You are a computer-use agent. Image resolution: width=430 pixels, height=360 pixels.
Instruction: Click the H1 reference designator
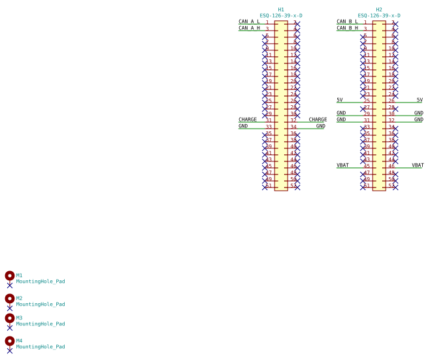click(x=281, y=10)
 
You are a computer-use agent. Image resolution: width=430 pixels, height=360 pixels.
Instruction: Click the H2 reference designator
click(x=379, y=10)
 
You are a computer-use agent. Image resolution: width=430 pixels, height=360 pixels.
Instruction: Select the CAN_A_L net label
click(x=249, y=22)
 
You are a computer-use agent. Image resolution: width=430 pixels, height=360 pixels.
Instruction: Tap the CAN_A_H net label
click(x=249, y=28)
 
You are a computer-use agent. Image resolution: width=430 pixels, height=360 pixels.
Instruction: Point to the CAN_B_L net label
click(x=347, y=22)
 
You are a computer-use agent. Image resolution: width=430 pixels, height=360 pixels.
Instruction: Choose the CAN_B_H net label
click(x=347, y=28)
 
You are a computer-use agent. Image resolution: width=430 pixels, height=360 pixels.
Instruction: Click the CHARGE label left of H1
click(x=248, y=120)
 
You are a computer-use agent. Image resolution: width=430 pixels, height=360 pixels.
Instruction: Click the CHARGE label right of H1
click(x=318, y=120)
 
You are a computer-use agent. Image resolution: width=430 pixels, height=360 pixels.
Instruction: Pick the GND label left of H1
click(x=243, y=126)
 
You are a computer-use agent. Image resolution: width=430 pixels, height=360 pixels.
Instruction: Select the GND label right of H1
click(x=320, y=126)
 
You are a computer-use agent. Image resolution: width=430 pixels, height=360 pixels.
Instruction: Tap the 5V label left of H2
click(x=340, y=100)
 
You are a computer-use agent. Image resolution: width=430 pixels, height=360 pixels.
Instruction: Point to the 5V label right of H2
click(x=419, y=100)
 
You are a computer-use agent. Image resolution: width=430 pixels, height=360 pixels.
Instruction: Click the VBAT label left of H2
click(x=342, y=165)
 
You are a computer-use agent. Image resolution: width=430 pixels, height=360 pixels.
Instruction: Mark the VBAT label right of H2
click(x=418, y=165)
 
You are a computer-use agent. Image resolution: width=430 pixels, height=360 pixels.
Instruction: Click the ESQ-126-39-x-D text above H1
click(x=281, y=16)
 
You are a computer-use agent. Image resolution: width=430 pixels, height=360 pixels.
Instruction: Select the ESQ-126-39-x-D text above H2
click(x=379, y=16)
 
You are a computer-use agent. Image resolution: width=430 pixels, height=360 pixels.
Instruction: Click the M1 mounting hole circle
click(x=10, y=276)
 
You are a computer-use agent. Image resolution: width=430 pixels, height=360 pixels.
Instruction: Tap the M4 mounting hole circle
click(x=10, y=341)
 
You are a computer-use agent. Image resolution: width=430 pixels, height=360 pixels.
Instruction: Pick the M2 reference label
click(x=20, y=298)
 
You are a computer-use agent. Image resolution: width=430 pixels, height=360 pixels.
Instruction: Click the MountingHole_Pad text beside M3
click(x=41, y=324)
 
